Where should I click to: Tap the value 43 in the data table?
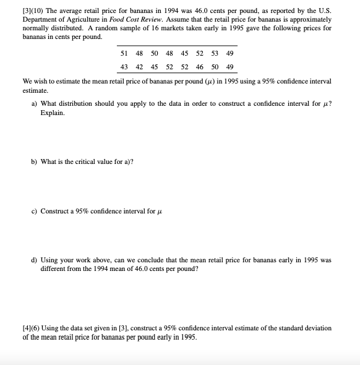124,67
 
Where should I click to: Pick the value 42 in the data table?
139,67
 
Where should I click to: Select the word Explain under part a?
53,113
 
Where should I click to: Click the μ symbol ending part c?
159,212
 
